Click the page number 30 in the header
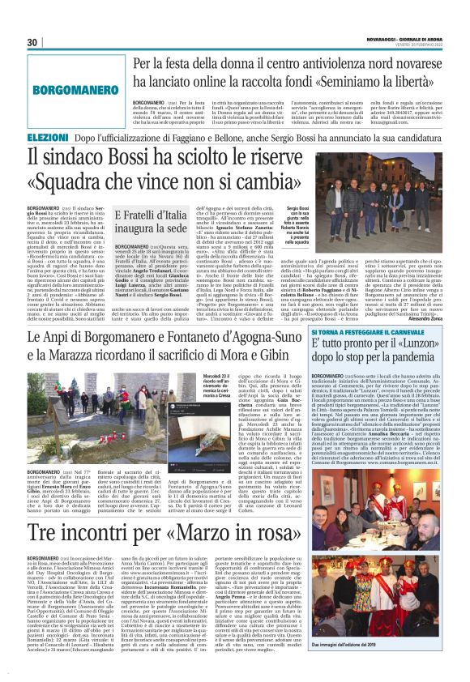(x=32, y=42)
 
